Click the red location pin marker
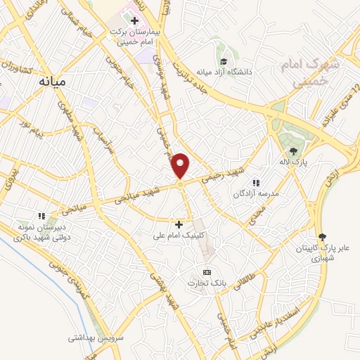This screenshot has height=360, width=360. (181, 166)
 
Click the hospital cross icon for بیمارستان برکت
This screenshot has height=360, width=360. (134, 20)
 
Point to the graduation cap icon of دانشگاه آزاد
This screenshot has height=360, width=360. (224, 60)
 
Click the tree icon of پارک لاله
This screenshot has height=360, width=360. (292, 150)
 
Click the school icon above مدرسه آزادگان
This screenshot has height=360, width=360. (256, 182)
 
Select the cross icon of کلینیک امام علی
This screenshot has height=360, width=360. (179, 224)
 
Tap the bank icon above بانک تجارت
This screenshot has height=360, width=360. (207, 272)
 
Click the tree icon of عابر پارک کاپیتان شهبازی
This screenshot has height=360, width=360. (323, 236)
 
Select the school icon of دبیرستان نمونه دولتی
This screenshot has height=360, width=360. (41, 215)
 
